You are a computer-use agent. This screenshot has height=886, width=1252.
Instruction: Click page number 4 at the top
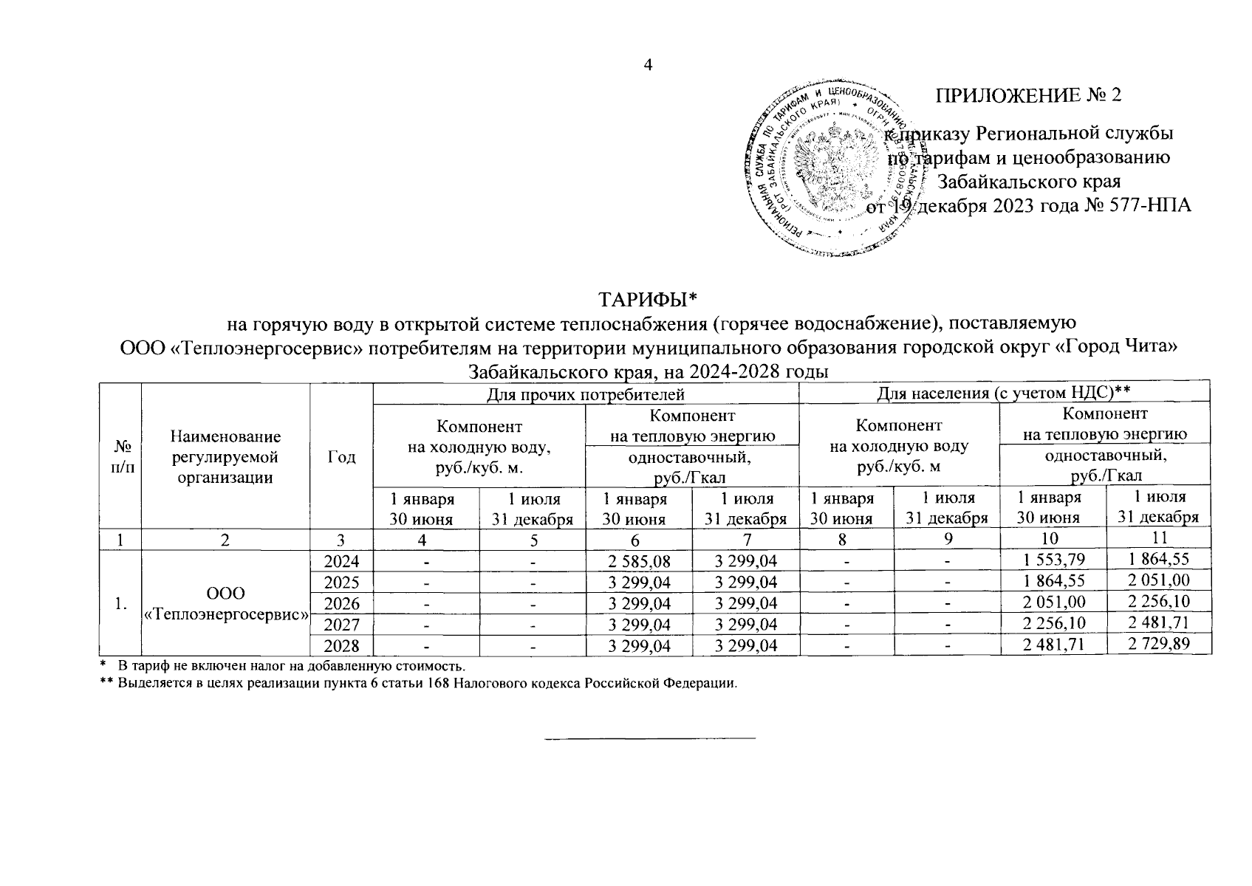tap(648, 65)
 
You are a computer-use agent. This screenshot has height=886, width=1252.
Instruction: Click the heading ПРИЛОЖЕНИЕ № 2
tap(1028, 96)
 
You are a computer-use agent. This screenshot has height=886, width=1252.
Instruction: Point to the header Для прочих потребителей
tap(586, 393)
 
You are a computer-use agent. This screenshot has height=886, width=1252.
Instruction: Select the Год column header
tap(341, 457)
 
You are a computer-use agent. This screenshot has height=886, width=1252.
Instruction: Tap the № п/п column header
tap(120, 457)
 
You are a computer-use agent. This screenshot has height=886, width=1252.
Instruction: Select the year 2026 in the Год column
tap(341, 603)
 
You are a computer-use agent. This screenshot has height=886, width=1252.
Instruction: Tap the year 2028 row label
tap(341, 646)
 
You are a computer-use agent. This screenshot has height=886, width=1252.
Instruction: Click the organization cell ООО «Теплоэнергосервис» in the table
tap(226, 603)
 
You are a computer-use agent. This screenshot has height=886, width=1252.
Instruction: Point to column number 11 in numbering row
tap(1158, 539)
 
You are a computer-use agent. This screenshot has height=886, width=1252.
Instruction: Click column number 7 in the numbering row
tap(746, 540)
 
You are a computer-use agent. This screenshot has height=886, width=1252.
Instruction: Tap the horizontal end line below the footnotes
tap(650, 737)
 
